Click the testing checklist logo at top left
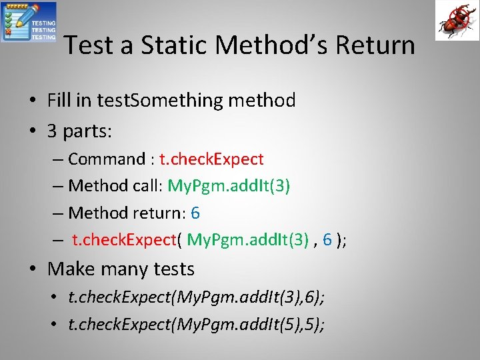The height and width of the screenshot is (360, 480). coord(29,22)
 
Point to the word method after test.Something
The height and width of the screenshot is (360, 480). coord(262,101)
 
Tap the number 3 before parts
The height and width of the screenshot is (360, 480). coord(53,131)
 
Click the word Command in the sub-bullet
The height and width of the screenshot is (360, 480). coord(107,159)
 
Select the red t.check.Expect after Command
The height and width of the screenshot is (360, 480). coord(212,159)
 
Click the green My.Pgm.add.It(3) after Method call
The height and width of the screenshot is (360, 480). coord(229,186)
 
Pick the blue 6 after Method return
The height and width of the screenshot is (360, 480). coord(195,213)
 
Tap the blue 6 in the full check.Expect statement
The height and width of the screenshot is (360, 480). coord(327,241)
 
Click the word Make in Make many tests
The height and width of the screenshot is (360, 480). coord(69,269)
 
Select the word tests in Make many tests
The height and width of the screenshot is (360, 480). coord(172,269)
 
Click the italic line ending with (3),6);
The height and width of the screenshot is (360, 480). coord(197,297)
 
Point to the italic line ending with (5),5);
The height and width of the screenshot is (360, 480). coord(197,325)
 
